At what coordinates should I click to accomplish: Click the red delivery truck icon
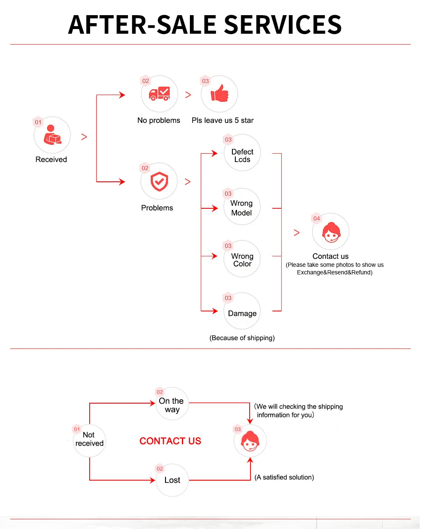point(160,93)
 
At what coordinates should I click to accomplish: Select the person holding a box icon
point(52,135)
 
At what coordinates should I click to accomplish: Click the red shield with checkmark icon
point(159,181)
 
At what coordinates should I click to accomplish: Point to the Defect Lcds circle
point(242,152)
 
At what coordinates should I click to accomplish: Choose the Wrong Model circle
point(242,207)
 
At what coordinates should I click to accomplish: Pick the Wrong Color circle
point(242,258)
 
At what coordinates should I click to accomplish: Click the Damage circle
point(242,311)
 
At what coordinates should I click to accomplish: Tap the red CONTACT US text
point(170,441)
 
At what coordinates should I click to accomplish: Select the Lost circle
point(172,480)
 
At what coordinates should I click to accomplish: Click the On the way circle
point(172,404)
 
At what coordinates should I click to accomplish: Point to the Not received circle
point(89,441)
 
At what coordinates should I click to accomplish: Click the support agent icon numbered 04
point(331,232)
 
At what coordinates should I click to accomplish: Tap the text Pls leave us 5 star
point(222,120)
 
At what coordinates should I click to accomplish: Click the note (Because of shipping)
point(242,338)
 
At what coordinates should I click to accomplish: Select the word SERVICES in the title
point(283,24)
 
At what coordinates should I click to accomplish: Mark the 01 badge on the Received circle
point(38,122)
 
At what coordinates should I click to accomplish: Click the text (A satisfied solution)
point(284,477)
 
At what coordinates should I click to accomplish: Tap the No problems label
point(159,120)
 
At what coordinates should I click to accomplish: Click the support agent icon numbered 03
point(250,441)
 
